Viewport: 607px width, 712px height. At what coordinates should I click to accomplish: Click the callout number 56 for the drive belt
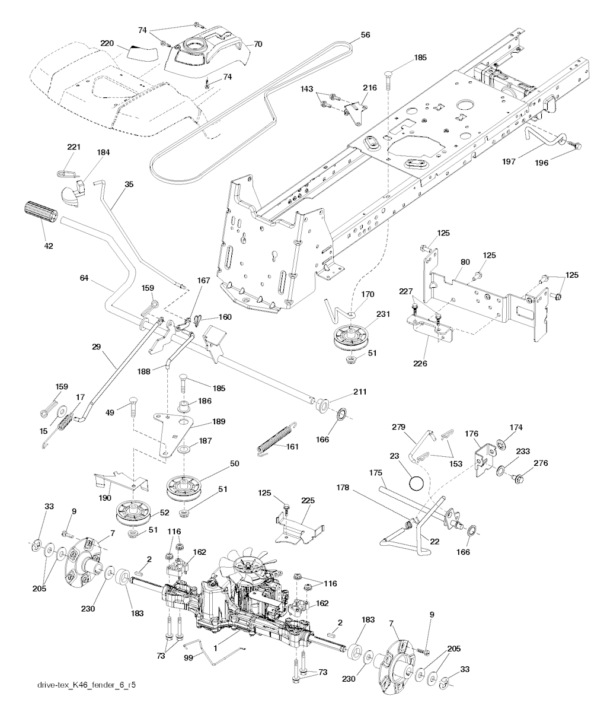pos(365,35)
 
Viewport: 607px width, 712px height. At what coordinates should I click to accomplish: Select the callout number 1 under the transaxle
pos(216,650)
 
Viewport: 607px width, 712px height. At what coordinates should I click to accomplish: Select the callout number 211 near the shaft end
pos(360,392)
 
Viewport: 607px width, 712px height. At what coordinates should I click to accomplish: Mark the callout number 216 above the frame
pos(369,87)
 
